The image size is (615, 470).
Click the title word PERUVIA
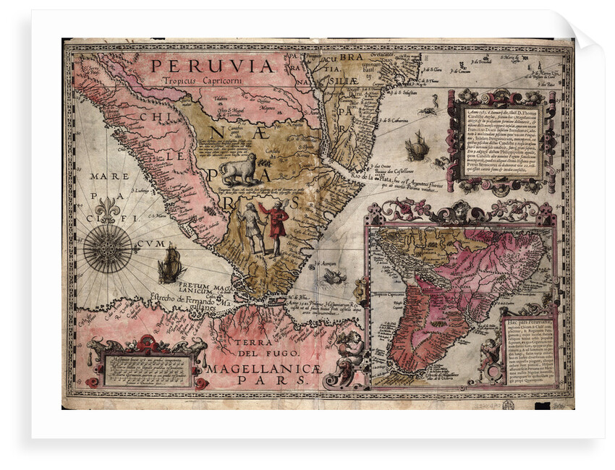[x=212, y=67]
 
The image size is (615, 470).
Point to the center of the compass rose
[x=107, y=248]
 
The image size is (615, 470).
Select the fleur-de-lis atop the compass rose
[x=107, y=210]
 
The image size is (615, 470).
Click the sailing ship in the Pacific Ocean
[x=170, y=264]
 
